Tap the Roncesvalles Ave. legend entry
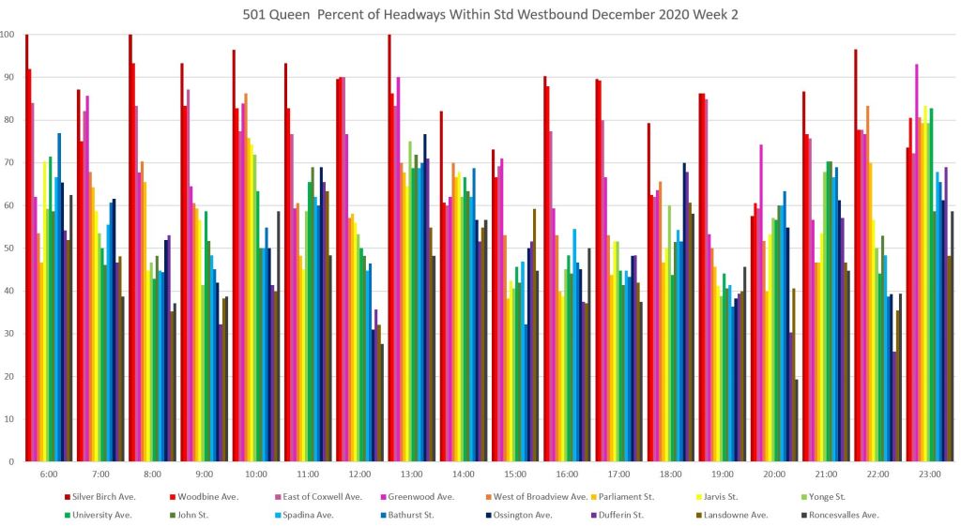click(x=844, y=515)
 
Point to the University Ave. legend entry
click(x=101, y=515)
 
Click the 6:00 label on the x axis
click(x=50, y=474)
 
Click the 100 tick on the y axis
click(x=8, y=35)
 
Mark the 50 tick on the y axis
click(x=10, y=248)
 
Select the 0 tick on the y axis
click(x=12, y=461)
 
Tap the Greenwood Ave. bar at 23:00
click(x=916, y=263)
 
